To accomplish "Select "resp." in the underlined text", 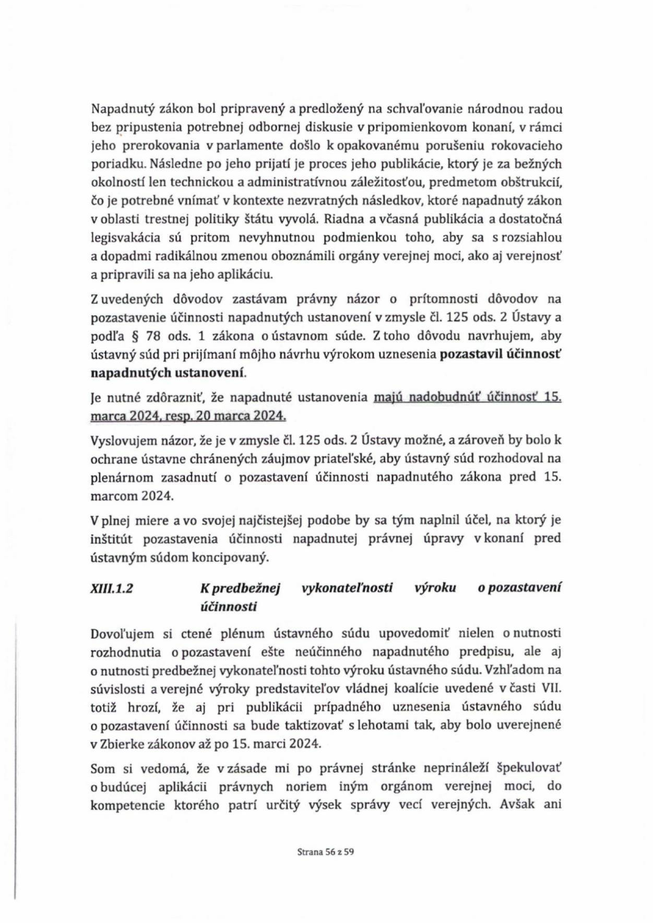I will [x=196, y=416].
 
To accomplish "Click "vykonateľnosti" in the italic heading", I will [x=347, y=588].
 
